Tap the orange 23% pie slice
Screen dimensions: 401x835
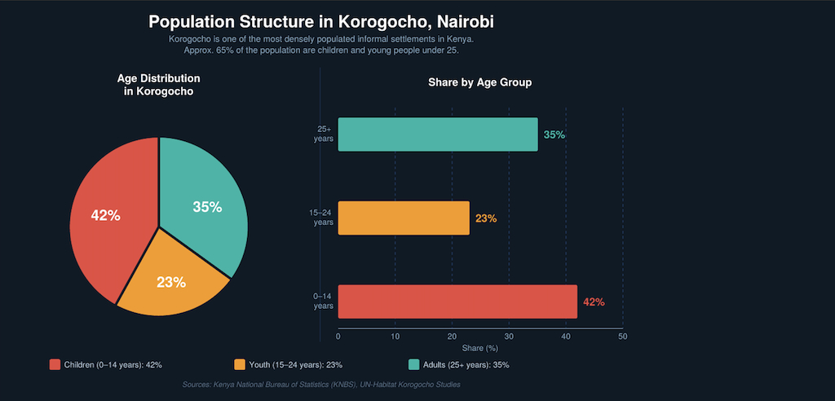click(x=173, y=281)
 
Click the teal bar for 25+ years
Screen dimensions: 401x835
click(x=438, y=134)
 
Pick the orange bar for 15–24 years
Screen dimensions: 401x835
click(x=404, y=218)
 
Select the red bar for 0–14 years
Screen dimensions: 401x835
click(x=457, y=302)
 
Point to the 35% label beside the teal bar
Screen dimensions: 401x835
click(x=554, y=134)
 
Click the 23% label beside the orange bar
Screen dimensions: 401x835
click(x=486, y=218)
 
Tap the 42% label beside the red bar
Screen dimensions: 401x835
click(x=594, y=302)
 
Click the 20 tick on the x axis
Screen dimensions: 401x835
click(x=452, y=336)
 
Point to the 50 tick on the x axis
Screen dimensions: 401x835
click(x=622, y=336)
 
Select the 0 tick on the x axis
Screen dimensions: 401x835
click(x=338, y=336)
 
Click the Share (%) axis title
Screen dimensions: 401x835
click(x=479, y=348)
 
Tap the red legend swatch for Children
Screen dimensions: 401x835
click(x=55, y=364)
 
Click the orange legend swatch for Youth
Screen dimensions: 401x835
click(x=240, y=364)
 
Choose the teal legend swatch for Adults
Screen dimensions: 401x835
click(x=414, y=364)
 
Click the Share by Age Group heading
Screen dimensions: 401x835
click(x=479, y=83)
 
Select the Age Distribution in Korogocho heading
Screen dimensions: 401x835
click(x=158, y=85)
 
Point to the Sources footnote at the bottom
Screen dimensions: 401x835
click(x=321, y=384)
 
